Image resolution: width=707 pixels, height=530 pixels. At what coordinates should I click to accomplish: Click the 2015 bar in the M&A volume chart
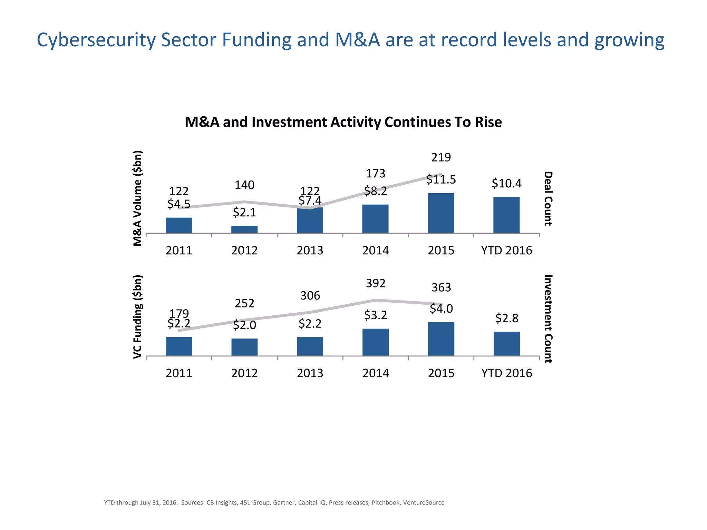click(441, 213)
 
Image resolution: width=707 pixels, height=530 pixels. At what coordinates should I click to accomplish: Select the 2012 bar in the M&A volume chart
click(244, 229)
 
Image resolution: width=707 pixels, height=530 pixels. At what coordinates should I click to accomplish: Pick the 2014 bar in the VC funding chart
click(376, 342)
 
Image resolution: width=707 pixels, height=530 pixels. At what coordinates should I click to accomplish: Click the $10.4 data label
click(506, 183)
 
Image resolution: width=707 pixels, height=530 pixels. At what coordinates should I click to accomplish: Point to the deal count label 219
click(441, 157)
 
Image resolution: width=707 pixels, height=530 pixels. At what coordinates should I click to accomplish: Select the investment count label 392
click(376, 283)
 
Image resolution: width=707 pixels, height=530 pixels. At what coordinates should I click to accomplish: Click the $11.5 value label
click(441, 179)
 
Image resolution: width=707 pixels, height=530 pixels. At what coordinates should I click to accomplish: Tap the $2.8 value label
click(506, 318)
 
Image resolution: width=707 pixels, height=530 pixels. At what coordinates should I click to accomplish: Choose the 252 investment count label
click(244, 303)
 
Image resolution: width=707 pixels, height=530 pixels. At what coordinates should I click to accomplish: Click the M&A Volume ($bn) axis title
click(138, 198)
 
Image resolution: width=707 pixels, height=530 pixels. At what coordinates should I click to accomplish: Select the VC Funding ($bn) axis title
click(138, 317)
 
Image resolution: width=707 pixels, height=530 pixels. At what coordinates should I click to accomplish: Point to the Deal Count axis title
click(548, 198)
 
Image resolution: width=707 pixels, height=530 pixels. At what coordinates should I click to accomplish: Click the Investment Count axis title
click(548, 318)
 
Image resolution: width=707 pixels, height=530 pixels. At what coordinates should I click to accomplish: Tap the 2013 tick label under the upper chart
click(310, 250)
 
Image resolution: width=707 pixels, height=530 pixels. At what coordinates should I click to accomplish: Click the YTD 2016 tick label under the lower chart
click(506, 373)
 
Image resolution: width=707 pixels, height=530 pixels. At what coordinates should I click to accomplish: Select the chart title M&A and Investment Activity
click(343, 122)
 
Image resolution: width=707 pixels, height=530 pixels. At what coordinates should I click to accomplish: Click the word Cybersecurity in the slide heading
click(96, 40)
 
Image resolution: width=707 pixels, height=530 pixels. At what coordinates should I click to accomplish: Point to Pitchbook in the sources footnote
click(386, 503)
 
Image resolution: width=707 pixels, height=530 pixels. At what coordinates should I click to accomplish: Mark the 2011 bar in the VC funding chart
click(179, 346)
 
